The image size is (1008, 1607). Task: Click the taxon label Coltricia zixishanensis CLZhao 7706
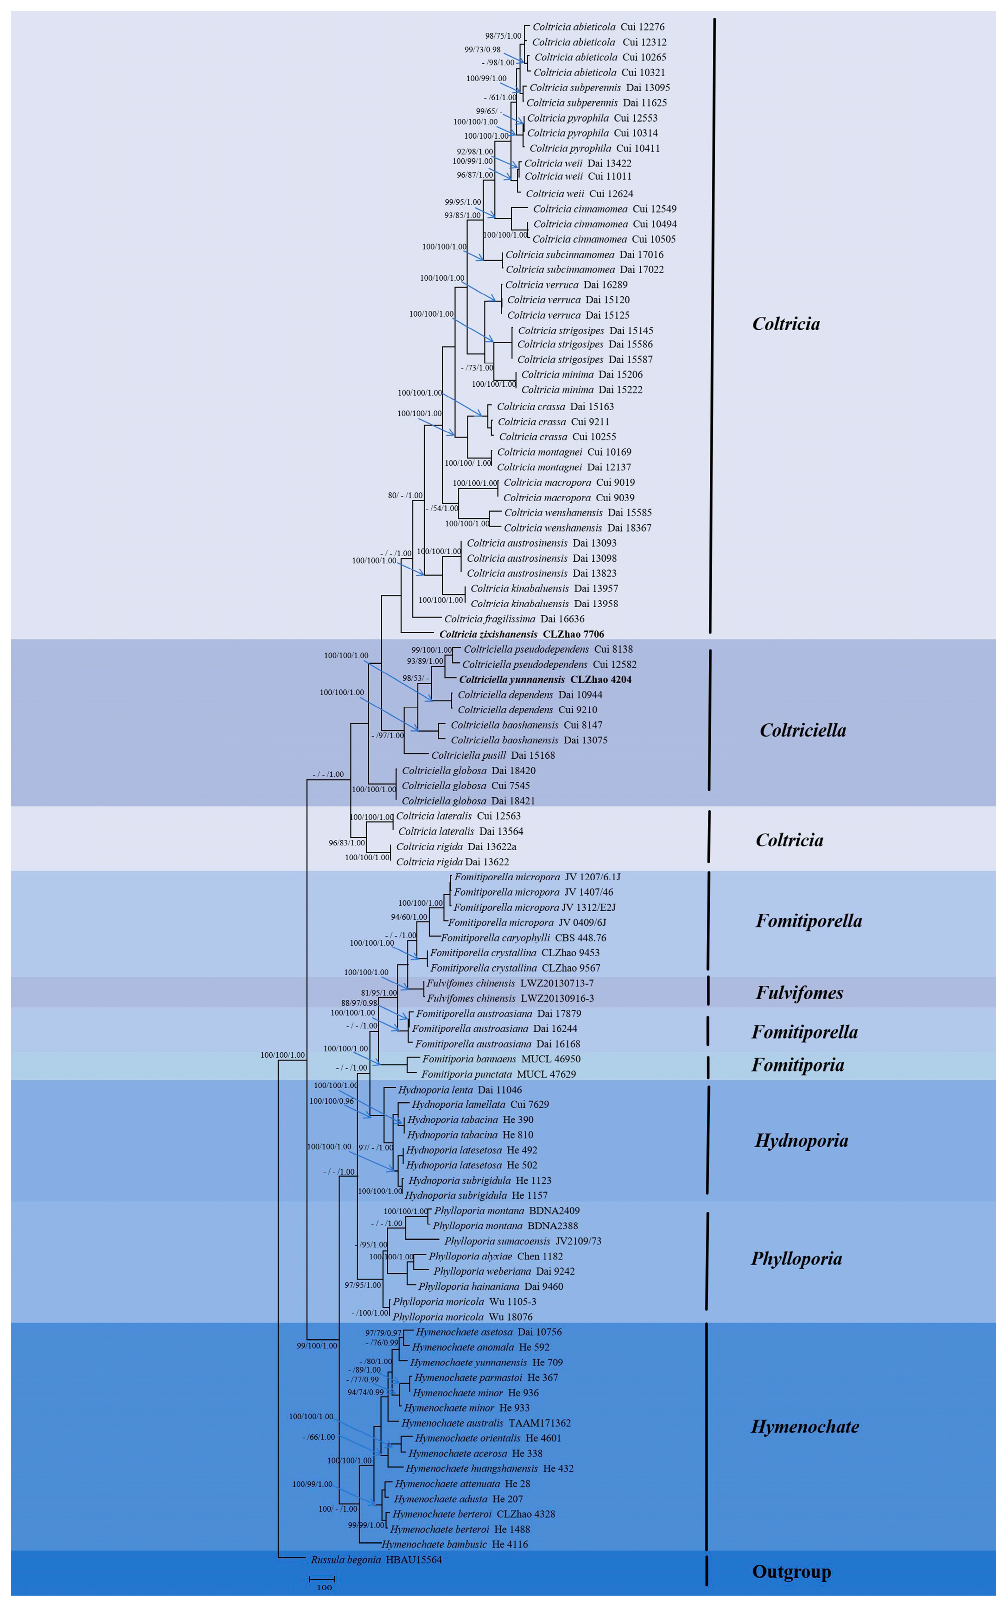click(x=521, y=634)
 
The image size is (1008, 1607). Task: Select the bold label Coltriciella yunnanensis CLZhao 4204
click(x=545, y=679)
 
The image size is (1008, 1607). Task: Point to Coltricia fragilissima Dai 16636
click(x=514, y=619)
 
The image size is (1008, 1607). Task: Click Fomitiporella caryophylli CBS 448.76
click(x=523, y=938)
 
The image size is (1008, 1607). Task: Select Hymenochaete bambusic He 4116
click(x=455, y=1544)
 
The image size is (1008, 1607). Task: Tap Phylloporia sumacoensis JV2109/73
click(x=523, y=1241)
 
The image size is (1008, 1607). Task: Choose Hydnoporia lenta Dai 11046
click(x=460, y=1089)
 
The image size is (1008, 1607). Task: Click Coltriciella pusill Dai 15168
click(x=493, y=755)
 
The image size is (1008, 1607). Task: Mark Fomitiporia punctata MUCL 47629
click(x=498, y=1074)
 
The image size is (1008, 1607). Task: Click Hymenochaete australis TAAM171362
click(x=486, y=1423)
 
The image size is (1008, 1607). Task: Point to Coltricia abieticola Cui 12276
click(x=598, y=27)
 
